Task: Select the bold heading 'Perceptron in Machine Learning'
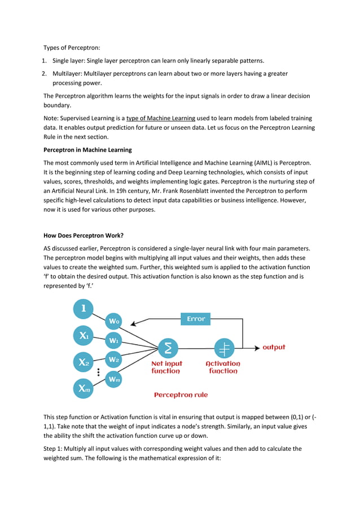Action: pyautogui.click(x=87, y=150)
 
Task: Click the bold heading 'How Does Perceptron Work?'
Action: pyautogui.click(x=83, y=236)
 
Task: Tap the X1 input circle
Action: pyautogui.click(x=84, y=336)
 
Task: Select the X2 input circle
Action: pyautogui.click(x=84, y=362)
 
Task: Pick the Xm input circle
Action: pyautogui.click(x=84, y=389)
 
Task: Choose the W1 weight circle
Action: pyautogui.click(x=114, y=340)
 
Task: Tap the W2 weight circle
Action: pyautogui.click(x=114, y=359)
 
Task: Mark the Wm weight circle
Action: pyautogui.click(x=114, y=379)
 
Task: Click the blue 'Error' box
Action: pyautogui.click(x=196, y=319)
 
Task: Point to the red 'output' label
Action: pyautogui.click(x=274, y=347)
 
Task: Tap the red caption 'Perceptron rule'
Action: pyautogui.click(x=181, y=395)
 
